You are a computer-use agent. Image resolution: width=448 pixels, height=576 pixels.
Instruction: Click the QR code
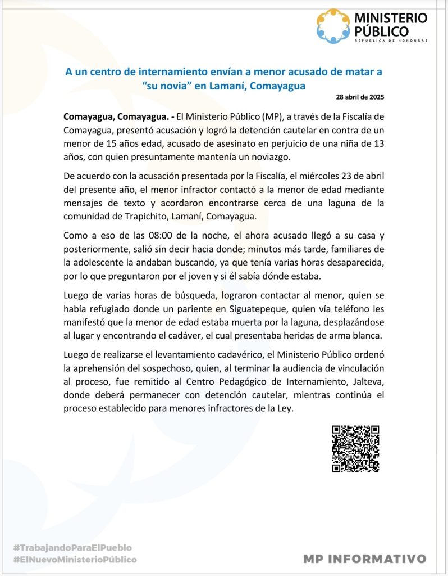click(355, 448)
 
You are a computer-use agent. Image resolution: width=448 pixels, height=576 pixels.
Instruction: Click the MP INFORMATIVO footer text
click(364, 559)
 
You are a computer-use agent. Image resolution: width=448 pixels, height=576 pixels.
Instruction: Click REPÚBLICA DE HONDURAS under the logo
click(390, 41)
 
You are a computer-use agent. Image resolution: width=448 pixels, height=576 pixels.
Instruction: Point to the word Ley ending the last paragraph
click(286, 408)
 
